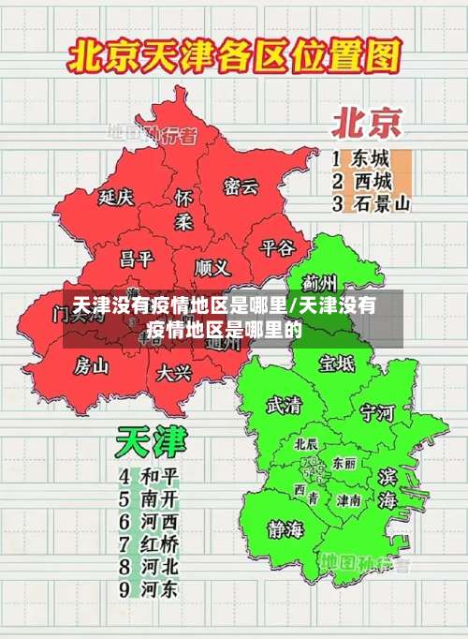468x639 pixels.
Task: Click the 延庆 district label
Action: (116, 198)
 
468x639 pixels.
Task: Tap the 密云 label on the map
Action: (241, 186)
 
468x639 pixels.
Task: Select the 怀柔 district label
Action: (183, 210)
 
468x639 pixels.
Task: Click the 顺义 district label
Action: (212, 267)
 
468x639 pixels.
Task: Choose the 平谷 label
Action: (277, 247)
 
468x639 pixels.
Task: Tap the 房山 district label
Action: (92, 364)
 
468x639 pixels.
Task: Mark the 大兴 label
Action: (174, 373)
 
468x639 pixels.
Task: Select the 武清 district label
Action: (285, 405)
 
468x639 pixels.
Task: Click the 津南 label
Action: (349, 500)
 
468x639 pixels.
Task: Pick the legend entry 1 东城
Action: (360, 157)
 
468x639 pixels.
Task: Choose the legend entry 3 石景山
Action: (371, 202)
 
